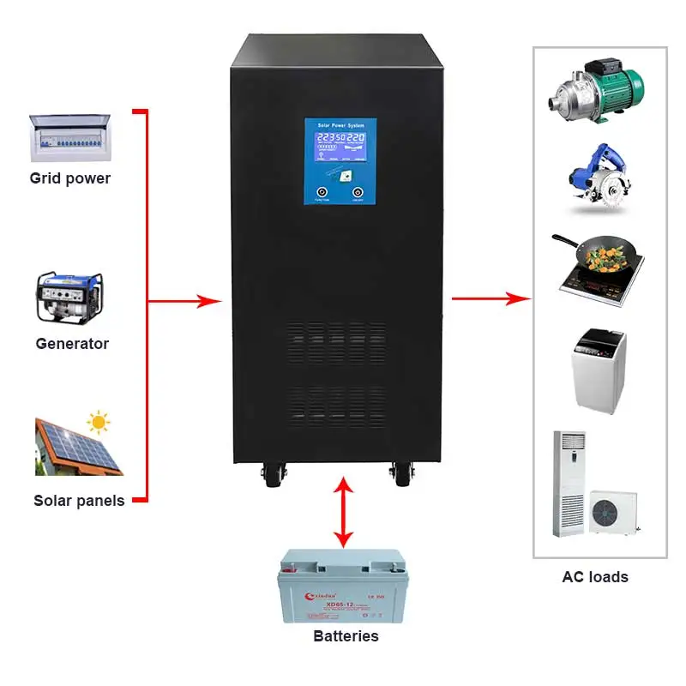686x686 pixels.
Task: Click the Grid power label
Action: click(69, 178)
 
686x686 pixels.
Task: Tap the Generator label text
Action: click(72, 343)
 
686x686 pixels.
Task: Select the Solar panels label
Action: click(79, 500)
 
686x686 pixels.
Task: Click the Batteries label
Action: click(346, 635)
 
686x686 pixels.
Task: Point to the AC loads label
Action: click(595, 577)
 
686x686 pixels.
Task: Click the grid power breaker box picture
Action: click(69, 137)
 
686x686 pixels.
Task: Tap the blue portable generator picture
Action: click(69, 298)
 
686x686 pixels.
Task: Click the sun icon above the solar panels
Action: click(99, 421)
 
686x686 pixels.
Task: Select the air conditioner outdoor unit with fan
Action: click(614, 511)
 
